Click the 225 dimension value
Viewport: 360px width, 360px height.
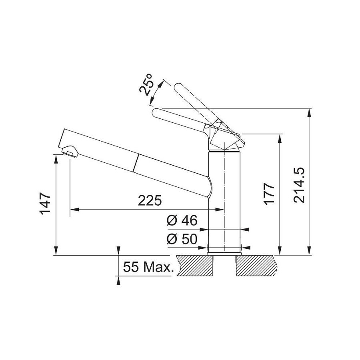pos(150,200)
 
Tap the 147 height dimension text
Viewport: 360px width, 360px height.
pos(45,204)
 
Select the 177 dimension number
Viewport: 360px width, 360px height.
pos(269,194)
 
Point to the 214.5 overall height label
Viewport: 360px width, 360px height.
pos(299,185)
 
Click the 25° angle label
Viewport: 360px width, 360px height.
pos(146,84)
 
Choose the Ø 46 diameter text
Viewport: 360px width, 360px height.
pos(182,220)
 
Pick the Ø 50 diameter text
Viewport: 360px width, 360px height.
pos(182,239)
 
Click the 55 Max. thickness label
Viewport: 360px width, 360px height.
pos(148,267)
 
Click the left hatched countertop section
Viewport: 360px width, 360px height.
pos(195,266)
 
